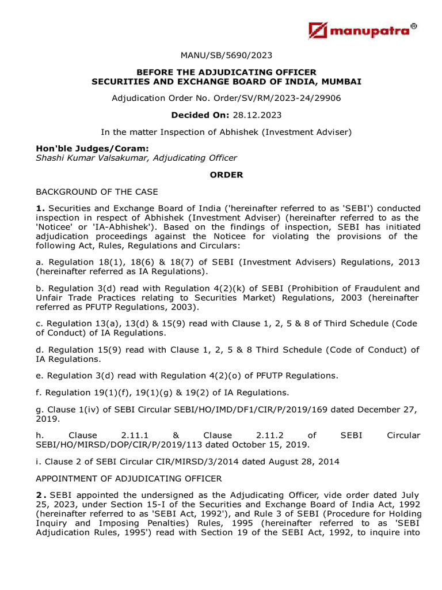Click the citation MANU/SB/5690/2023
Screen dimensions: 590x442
(x=226, y=56)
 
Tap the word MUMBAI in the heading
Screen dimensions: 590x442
(x=341, y=82)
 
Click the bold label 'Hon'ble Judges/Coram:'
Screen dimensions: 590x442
(x=84, y=149)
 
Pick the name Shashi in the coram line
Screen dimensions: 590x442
(x=51, y=158)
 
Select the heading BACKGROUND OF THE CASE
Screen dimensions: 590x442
(x=97, y=191)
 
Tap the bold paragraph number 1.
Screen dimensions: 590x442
(x=40, y=208)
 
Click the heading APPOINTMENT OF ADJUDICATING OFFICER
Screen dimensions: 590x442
(x=129, y=478)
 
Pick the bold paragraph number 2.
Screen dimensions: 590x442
(x=40, y=496)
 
